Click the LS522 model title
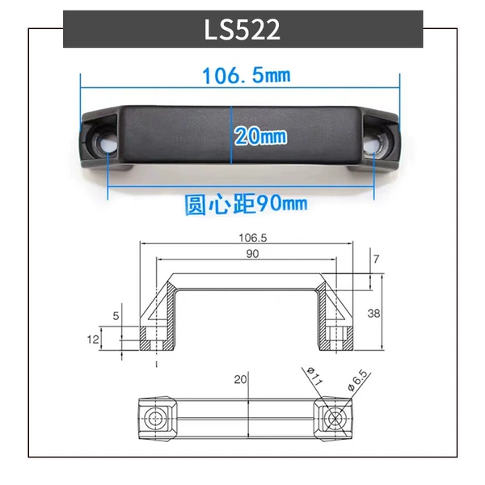[242, 30]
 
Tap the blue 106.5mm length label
[247, 75]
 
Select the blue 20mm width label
[260, 136]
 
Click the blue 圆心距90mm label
[247, 204]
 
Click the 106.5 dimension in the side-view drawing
[252, 238]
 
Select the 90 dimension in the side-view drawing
[252, 254]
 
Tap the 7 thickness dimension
[376, 259]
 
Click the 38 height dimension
[373, 314]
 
